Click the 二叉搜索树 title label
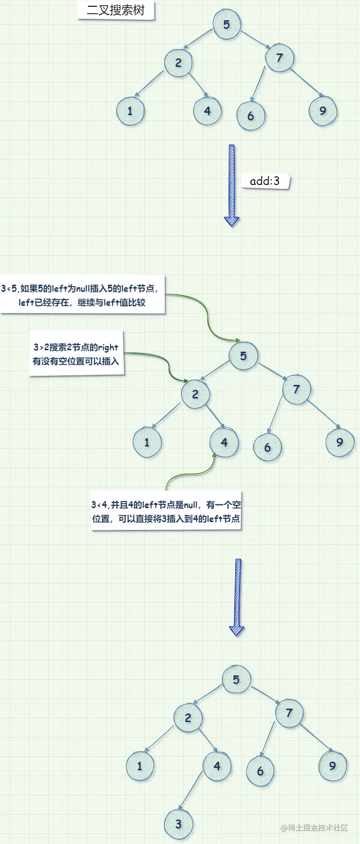click(116, 10)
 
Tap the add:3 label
click(265, 181)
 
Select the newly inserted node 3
click(178, 824)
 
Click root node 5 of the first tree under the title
click(227, 25)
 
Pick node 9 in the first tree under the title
click(322, 111)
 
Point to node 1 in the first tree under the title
click(130, 111)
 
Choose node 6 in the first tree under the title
click(251, 116)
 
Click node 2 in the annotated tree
click(195, 394)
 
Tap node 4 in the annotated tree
click(224, 442)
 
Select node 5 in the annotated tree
click(243, 356)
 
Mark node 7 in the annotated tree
click(296, 389)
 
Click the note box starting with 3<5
click(82, 295)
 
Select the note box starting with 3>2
click(76, 354)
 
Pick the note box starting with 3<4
click(166, 512)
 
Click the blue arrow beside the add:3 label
click(232, 185)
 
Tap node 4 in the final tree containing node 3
click(217, 766)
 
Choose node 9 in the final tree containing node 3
click(332, 765)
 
